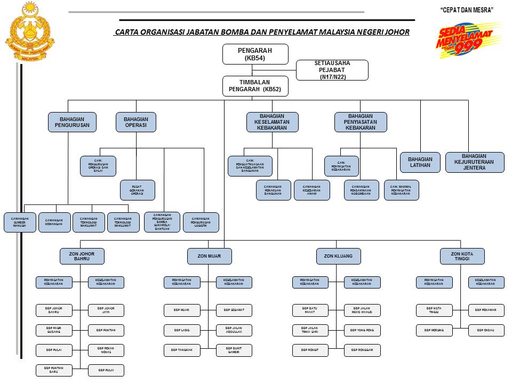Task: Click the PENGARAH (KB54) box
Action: [255, 54]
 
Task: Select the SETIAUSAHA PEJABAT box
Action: [332, 70]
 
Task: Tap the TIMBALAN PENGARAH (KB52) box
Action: [255, 86]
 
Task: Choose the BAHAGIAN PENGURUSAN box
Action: [72, 122]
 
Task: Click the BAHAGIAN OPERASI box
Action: [136, 122]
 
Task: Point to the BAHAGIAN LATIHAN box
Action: [420, 163]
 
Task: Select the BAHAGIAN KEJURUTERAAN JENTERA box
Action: [475, 163]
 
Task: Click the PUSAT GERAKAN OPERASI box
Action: [138, 190]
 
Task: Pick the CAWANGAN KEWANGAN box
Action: [54, 222]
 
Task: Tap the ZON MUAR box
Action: [210, 256]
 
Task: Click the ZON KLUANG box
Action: [338, 256]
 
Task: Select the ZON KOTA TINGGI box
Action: [462, 256]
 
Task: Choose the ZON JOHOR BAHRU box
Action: [82, 256]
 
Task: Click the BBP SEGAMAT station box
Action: [234, 310]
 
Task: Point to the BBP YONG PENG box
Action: [362, 331]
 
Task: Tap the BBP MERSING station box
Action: [434, 331]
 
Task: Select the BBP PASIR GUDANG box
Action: [54, 331]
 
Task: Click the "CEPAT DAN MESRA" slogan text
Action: [467, 10]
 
